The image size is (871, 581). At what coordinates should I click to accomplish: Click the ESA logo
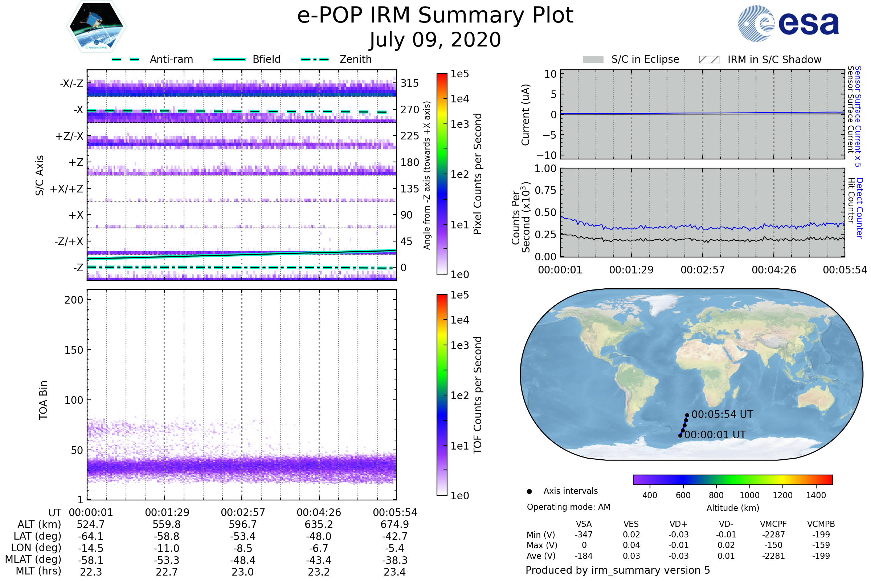789,23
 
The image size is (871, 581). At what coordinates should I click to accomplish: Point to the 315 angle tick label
410,83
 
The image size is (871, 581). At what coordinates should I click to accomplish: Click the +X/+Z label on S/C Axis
67,189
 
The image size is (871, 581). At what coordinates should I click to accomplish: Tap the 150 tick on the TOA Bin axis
74,350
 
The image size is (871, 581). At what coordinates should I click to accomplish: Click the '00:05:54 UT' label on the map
722,414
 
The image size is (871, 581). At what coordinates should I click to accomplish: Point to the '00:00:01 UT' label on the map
715,435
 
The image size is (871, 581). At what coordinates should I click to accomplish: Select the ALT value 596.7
242,525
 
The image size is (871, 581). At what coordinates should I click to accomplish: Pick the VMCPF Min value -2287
773,535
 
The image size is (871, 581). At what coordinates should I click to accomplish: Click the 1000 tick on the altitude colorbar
749,495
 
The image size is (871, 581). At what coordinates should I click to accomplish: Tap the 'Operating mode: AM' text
568,507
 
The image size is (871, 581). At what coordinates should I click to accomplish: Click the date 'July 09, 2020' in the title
435,40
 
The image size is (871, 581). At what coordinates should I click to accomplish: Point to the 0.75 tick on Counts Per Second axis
545,190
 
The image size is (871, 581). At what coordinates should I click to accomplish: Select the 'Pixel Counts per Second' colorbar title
478,174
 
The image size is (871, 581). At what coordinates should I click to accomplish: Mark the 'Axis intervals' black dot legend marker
529,491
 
